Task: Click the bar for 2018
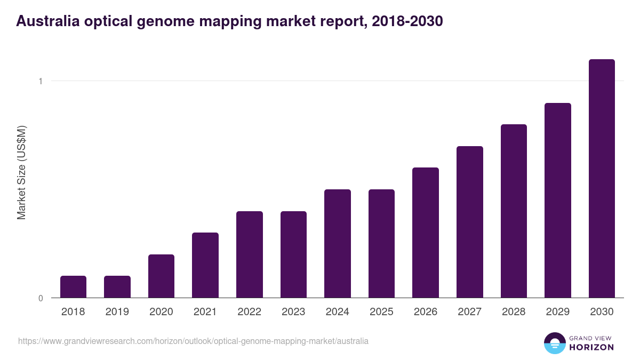pyautogui.click(x=73, y=287)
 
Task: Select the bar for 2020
pyautogui.click(x=161, y=276)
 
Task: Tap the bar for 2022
pyautogui.click(x=249, y=254)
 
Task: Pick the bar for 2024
pyautogui.click(x=337, y=244)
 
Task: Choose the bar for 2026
pyautogui.click(x=425, y=233)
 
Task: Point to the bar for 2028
pyautogui.click(x=514, y=211)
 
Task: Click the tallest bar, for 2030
pyautogui.click(x=602, y=179)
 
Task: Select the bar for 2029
pyautogui.click(x=557, y=201)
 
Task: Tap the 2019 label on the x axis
pyautogui.click(x=117, y=312)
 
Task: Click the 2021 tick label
pyautogui.click(x=205, y=312)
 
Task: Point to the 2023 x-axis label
pyautogui.click(x=293, y=312)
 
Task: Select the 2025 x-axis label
pyautogui.click(x=381, y=312)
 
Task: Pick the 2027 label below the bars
pyautogui.click(x=469, y=312)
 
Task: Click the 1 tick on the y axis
pyautogui.click(x=40, y=81)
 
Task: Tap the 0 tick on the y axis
pyautogui.click(x=40, y=298)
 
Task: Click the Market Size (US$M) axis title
pyautogui.click(x=21, y=172)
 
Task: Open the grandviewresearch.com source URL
pyautogui.click(x=193, y=341)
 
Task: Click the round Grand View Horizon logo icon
pyautogui.click(x=554, y=343)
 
